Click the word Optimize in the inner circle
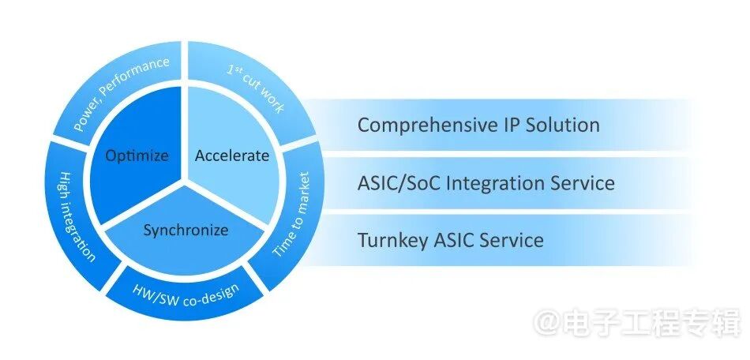tap(137, 156)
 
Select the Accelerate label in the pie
tap(232, 156)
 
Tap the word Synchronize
tap(186, 231)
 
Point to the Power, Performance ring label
tap(122, 93)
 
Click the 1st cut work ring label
tap(255, 89)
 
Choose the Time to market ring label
tap(294, 214)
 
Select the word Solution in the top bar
tap(562, 126)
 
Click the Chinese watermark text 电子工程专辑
tap(650, 323)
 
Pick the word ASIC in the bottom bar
tap(454, 240)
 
